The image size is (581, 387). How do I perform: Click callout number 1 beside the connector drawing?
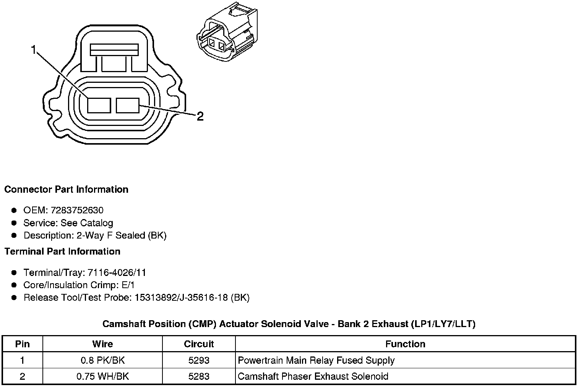34,50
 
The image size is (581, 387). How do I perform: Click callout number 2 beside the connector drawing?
200,116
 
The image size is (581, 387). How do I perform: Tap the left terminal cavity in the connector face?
99,105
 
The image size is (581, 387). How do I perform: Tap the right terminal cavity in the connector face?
128,105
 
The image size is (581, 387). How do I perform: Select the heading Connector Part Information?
66,190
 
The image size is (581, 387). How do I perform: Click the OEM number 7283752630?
76,210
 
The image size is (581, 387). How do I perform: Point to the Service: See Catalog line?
68,223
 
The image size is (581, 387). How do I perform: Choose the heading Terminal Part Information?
62,252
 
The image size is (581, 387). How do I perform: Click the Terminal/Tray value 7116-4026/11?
117,273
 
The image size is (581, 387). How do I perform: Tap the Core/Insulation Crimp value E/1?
127,285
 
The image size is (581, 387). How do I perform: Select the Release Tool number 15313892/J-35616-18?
181,298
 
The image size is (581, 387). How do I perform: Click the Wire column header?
102,344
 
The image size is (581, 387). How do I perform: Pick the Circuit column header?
199,344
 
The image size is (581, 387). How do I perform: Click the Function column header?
405,344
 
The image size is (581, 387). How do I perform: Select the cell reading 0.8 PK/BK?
102,360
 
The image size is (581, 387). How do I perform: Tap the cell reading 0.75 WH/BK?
102,376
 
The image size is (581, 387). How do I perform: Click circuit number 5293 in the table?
199,360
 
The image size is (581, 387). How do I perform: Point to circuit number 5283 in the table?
199,376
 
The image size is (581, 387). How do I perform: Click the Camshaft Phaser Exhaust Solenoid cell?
313,376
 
